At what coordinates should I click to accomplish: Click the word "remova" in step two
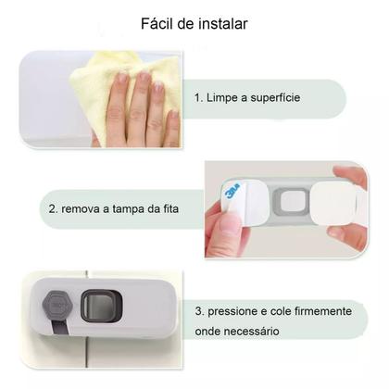pyautogui.click(x=82, y=210)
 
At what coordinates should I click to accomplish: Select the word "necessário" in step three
pyautogui.click(x=258, y=331)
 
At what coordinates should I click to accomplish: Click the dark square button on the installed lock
pyautogui.click(x=95, y=305)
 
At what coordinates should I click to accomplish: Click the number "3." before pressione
pyautogui.click(x=201, y=312)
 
